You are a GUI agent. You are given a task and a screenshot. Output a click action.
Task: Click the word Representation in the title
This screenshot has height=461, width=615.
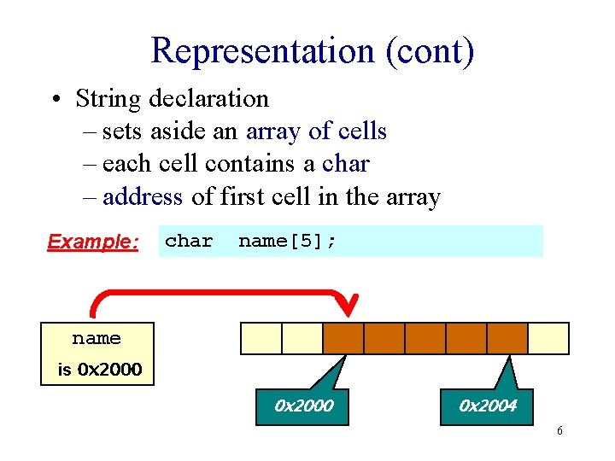pos(262,51)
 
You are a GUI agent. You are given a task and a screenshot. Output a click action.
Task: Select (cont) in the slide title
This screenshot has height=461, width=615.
pos(429,51)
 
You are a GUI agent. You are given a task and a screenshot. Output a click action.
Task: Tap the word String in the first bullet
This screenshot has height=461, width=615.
pos(109,98)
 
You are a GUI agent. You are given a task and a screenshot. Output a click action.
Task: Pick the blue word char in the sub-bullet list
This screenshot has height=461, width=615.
pos(346,164)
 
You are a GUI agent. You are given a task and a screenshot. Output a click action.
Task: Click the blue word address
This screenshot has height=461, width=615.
pos(142,197)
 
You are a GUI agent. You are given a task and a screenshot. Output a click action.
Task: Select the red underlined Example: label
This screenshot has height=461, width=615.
pos(93,242)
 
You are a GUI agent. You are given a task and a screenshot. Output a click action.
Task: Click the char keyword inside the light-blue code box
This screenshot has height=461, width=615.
pos(189,242)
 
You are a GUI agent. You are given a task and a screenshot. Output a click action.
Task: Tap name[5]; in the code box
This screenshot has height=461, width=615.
pos(287,242)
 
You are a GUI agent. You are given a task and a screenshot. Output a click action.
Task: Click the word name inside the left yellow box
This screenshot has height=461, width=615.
pos(97,339)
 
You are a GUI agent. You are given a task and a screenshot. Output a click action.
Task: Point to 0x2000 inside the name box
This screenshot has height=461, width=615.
pos(109,371)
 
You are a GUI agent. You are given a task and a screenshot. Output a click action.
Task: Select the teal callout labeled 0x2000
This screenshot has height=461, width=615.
pos(303,406)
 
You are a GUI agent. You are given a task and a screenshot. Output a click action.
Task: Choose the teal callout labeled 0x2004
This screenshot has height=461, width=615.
pos(488,406)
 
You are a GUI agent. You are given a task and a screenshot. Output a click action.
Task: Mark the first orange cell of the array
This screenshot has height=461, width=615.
pos(343,338)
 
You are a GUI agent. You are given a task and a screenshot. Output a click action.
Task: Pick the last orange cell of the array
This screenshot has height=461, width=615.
pos(507,338)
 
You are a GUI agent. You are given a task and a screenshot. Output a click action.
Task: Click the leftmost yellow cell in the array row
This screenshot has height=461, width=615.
pos(261,338)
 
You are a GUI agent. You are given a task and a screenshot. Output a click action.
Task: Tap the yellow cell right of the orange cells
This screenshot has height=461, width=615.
pos(548,338)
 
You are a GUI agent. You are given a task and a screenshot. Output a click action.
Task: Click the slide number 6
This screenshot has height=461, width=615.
pos(559,431)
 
